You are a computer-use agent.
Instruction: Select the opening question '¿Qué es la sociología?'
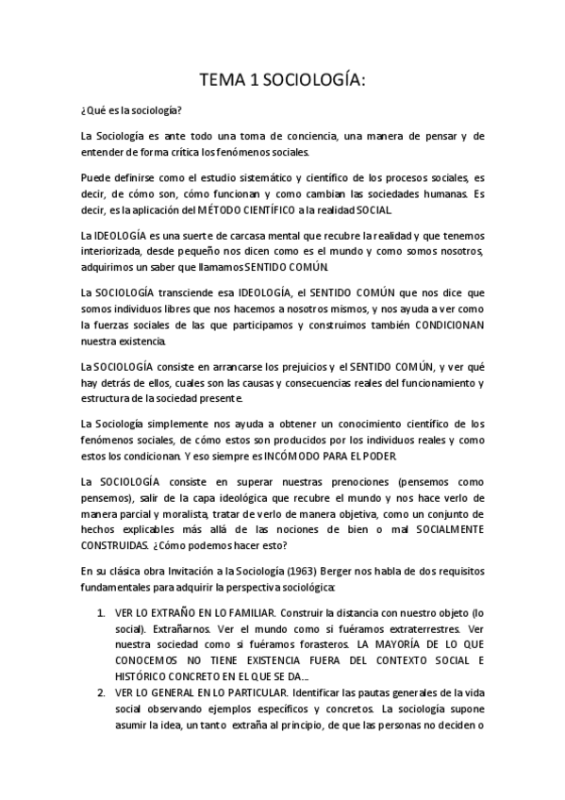click(132, 110)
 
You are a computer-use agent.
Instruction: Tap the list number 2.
click(101, 692)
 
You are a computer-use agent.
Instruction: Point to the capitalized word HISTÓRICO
click(141, 675)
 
